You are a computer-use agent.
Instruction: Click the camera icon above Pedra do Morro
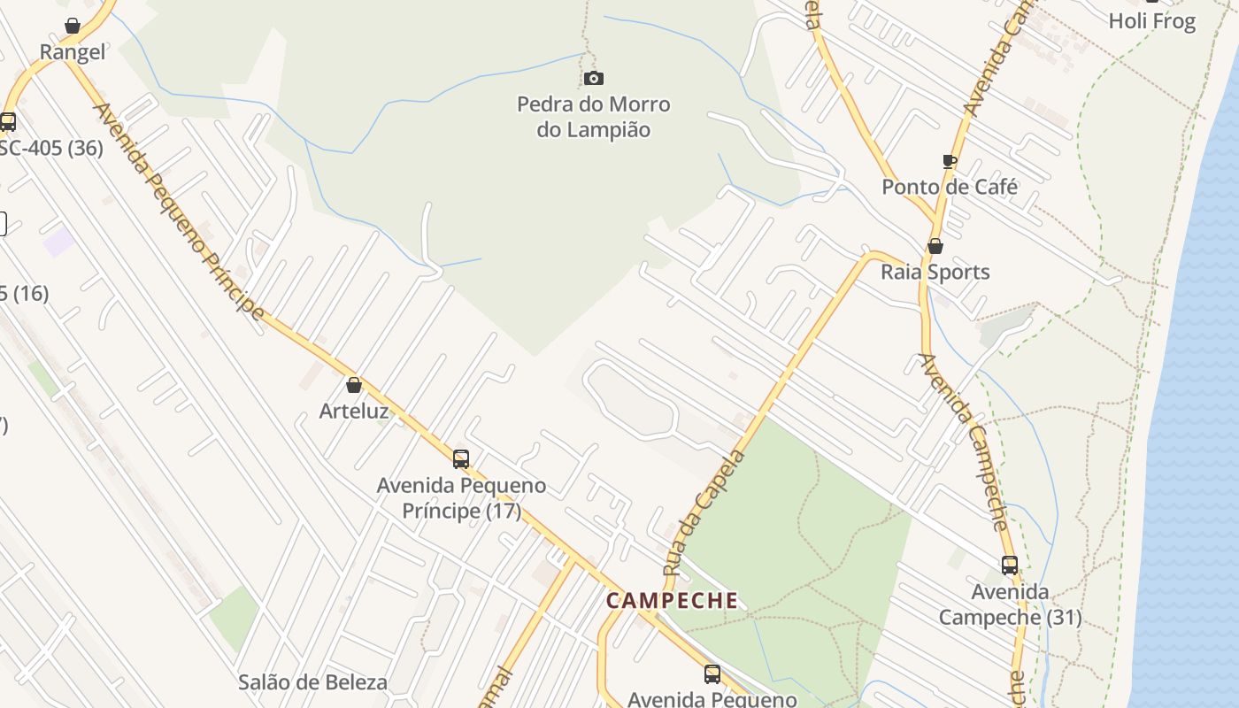pos(594,79)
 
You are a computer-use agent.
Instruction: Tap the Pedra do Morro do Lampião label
pos(594,117)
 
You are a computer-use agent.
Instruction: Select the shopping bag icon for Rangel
pos(73,26)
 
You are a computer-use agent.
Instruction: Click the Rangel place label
pos(73,52)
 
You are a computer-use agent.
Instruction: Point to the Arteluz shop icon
pos(354,385)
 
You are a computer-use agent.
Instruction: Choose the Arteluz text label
pos(354,411)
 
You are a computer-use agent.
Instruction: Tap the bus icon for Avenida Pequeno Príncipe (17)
pos(461,458)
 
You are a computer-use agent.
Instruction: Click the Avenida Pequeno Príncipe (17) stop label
pos(461,498)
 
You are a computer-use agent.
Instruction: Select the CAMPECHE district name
pos(673,600)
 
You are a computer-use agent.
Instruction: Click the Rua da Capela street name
pos(704,512)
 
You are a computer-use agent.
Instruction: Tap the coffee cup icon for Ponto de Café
pos(950,161)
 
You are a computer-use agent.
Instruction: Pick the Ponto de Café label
pos(950,187)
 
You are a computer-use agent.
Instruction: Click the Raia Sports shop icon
pos(935,246)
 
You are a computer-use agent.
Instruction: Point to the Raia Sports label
pos(935,272)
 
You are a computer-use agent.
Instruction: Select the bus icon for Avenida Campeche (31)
pos(1010,565)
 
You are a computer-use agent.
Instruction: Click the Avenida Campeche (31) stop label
pos(1010,604)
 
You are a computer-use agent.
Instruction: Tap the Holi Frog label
pos(1152,21)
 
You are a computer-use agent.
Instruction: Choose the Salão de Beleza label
pos(312,682)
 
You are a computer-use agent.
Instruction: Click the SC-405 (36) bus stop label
pos(50,148)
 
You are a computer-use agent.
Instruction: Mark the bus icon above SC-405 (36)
pos(8,121)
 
